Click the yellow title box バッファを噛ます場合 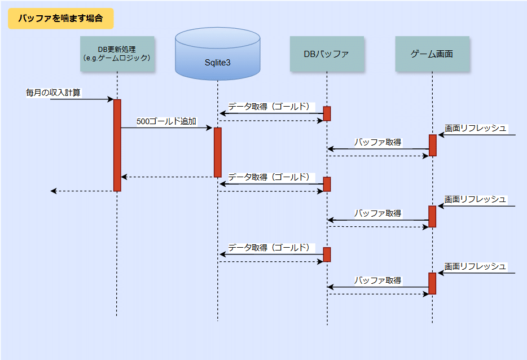pyautogui.click(x=60, y=19)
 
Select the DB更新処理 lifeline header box pyautogui.click(x=117, y=54)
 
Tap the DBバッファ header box pyautogui.click(x=326, y=54)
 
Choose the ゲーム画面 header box pyautogui.click(x=432, y=54)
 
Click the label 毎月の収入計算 pyautogui.click(x=53, y=92)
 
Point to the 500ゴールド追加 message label pyautogui.click(x=166, y=121)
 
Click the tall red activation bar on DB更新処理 pyautogui.click(x=117, y=145)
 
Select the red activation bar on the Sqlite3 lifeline pyautogui.click(x=217, y=152)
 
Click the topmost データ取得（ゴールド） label pyautogui.click(x=269, y=107)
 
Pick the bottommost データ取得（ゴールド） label pyautogui.click(x=269, y=248)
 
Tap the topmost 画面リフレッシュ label pyautogui.click(x=475, y=128)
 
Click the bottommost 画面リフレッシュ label pyautogui.click(x=475, y=266)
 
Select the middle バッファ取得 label pyautogui.click(x=377, y=213)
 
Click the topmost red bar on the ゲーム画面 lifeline pyautogui.click(x=432, y=145)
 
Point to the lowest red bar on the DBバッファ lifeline pyautogui.click(x=327, y=254)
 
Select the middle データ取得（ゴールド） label pyautogui.click(x=269, y=177)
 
